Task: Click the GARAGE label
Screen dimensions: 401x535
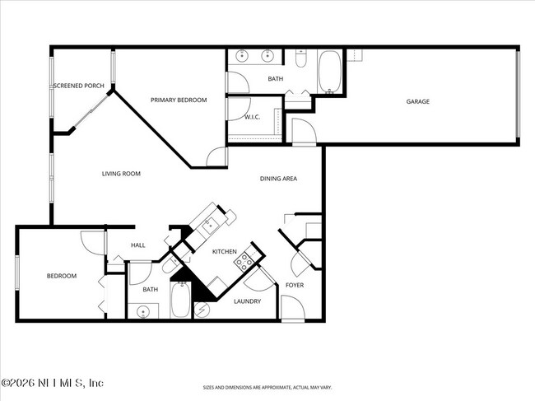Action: (x=417, y=102)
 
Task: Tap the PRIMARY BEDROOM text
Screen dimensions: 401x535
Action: (x=178, y=100)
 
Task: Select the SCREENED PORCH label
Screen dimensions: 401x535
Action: (x=79, y=86)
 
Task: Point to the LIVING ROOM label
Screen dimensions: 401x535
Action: (x=121, y=174)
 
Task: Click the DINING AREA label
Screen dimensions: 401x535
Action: (x=278, y=178)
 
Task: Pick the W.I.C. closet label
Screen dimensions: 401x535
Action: (x=252, y=117)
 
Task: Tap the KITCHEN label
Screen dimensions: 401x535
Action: (x=224, y=251)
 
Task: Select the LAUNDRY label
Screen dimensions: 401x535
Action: (x=247, y=301)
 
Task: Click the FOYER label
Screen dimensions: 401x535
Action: (x=294, y=285)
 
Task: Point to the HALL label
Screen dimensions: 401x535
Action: (x=137, y=245)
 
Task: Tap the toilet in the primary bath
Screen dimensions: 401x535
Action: (x=301, y=58)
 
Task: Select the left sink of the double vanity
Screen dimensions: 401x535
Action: (x=243, y=57)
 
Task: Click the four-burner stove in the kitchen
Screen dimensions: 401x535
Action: (x=244, y=262)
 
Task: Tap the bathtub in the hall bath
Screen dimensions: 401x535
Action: (x=180, y=301)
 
